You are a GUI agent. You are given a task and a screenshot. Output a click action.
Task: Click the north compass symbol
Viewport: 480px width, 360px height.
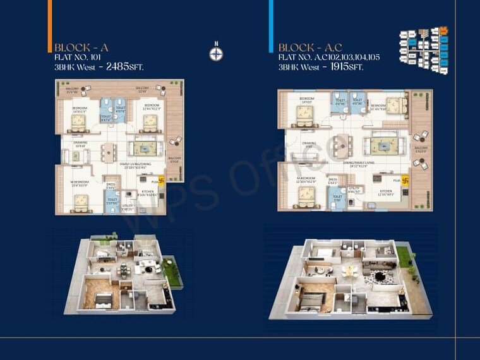(216, 53)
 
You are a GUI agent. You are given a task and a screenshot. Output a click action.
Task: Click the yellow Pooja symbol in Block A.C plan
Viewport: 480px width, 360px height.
(406, 180)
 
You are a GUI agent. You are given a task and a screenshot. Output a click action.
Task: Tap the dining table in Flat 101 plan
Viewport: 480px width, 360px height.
(110, 152)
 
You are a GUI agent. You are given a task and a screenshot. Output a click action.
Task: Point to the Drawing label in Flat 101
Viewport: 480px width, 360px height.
(80, 143)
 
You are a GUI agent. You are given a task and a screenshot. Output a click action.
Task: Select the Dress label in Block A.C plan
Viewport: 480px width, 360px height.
(333, 180)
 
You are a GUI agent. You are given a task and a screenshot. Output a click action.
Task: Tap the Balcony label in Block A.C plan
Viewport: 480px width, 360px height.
(421, 149)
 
